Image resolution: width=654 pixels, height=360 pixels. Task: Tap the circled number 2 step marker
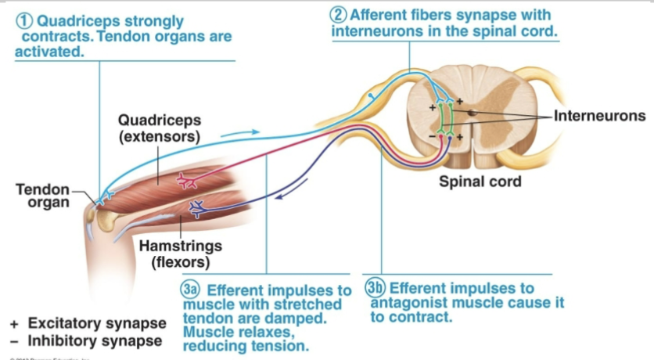[340, 15]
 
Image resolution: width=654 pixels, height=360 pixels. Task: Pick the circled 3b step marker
[376, 288]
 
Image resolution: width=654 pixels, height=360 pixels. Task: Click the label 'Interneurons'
[599, 117]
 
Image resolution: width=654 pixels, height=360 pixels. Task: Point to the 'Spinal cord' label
[480, 182]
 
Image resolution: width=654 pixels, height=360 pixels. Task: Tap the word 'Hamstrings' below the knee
[174, 246]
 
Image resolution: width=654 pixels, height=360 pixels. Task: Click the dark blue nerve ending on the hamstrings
[196, 208]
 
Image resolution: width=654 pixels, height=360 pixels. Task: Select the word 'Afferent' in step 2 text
[380, 15]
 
